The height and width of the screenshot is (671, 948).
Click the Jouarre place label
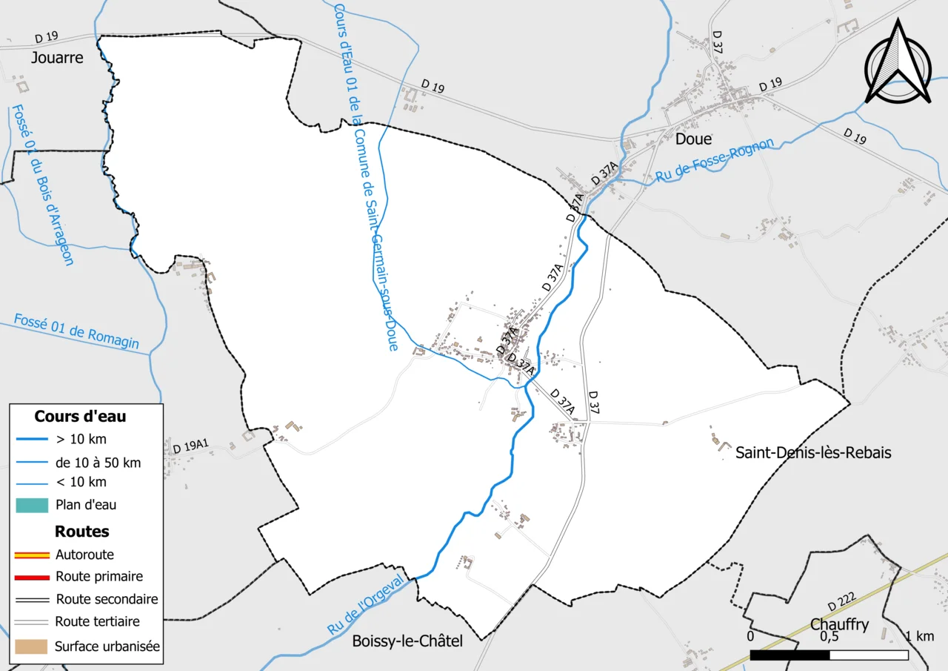click(x=58, y=57)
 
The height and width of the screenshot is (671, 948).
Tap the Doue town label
click(x=693, y=139)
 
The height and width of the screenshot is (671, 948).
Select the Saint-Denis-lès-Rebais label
click(x=812, y=452)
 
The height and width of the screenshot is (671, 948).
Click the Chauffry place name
click(x=839, y=624)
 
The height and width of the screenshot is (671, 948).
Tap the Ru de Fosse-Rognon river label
click(x=715, y=161)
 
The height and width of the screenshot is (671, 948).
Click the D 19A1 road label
click(x=191, y=446)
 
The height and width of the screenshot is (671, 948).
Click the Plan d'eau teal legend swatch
click(x=31, y=505)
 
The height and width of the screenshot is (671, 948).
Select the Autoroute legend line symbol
click(x=31, y=555)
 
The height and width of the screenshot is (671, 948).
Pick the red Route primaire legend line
click(x=31, y=577)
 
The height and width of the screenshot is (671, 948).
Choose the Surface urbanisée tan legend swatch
click(x=31, y=647)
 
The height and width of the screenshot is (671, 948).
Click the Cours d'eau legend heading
click(x=80, y=417)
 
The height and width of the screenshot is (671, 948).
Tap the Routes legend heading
click(x=81, y=532)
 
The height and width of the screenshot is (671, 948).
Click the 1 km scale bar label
click(x=920, y=637)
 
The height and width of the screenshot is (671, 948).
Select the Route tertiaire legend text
click(x=97, y=622)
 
